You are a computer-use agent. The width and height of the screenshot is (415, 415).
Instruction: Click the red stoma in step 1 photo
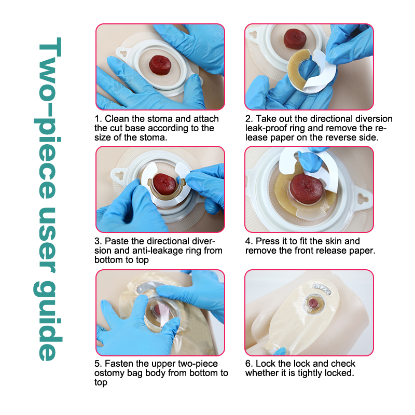pos(160,65)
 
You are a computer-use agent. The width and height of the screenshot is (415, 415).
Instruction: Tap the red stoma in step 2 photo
pos(295,39)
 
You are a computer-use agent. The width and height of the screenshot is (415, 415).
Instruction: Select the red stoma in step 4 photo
pos(307,189)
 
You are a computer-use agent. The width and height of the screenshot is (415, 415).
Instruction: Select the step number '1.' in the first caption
pos(98,119)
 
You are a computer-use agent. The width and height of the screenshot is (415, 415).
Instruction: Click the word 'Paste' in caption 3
pos(117,241)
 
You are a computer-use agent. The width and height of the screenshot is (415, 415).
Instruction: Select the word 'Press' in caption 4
pos(267,241)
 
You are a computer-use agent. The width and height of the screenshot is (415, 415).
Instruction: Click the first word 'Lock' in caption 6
pos(265,364)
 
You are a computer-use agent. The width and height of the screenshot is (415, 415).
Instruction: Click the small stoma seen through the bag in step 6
pos(313,302)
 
